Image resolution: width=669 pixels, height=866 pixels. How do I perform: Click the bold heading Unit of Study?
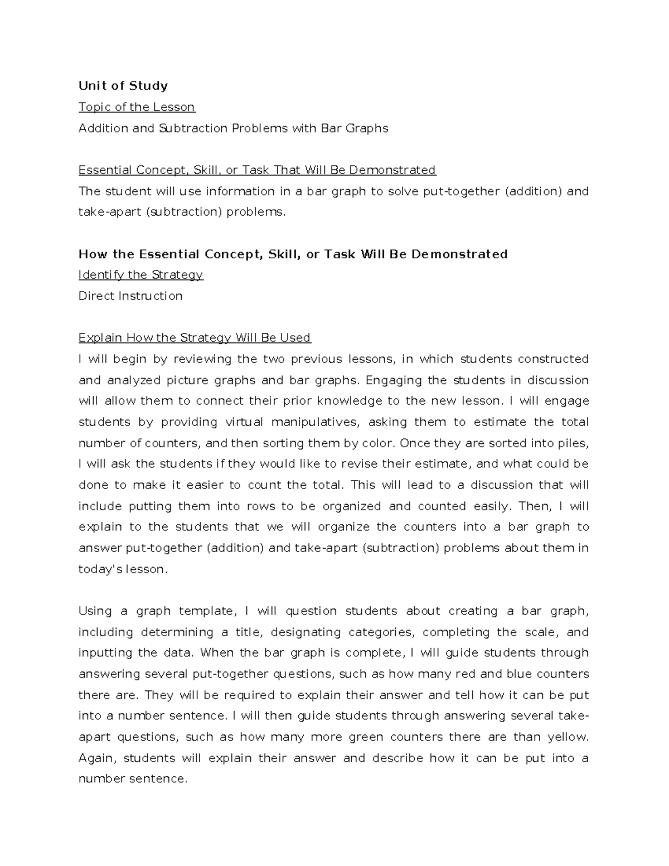123,86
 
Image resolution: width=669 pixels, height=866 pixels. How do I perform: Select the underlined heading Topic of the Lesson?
137,107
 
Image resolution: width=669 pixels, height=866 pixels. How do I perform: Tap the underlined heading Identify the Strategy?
140,275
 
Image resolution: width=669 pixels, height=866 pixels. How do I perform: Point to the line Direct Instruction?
130,296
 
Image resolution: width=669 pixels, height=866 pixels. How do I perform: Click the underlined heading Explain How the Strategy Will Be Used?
195,338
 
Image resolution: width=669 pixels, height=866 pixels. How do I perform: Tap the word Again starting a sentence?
96,758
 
